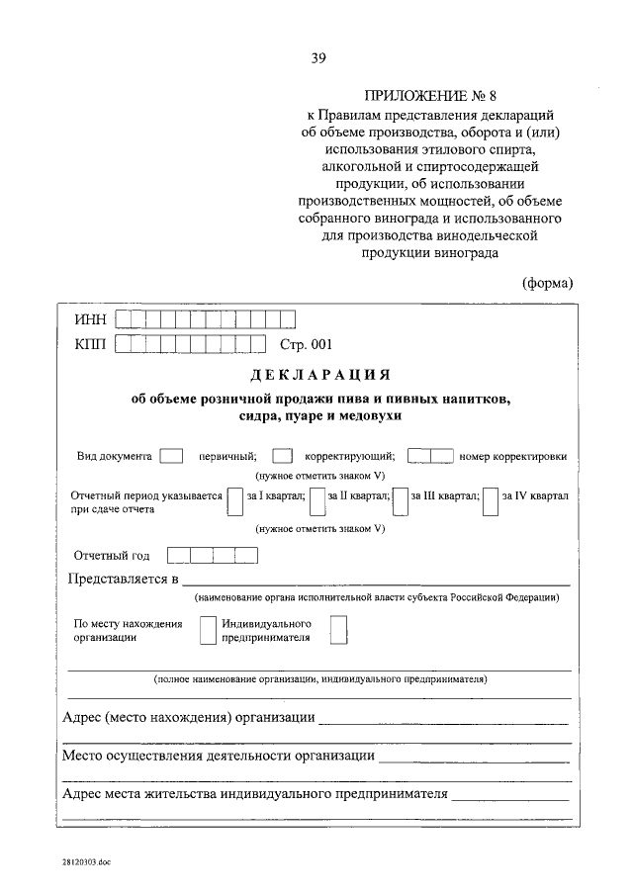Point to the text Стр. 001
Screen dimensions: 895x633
tap(308, 344)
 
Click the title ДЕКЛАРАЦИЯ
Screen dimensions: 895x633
tap(316, 376)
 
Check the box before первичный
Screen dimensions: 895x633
tap(171, 456)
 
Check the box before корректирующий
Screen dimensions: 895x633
tap(282, 456)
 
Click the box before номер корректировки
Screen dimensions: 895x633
tap(430, 456)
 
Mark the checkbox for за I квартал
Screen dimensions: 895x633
tap(234, 500)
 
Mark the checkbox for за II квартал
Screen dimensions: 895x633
tap(316, 500)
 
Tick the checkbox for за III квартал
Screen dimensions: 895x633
tap(401, 500)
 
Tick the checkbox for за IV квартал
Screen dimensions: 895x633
tap(490, 500)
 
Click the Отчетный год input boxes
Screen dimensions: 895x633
tap(212, 555)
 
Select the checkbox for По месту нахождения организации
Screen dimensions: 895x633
tap(208, 630)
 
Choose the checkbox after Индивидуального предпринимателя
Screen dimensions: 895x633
tap(338, 630)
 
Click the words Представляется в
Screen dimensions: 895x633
tap(122, 579)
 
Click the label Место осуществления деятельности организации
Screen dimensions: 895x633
tap(218, 756)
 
